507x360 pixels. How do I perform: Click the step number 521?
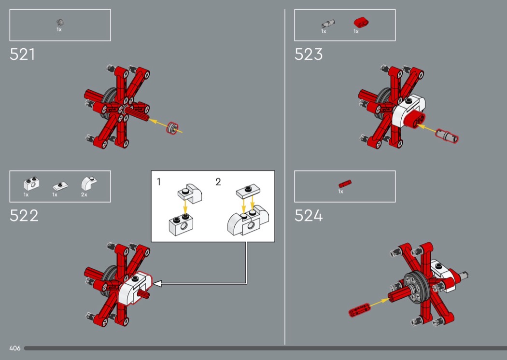(x=22, y=55)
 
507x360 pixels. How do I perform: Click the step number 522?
(x=24, y=216)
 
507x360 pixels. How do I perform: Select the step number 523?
(x=309, y=55)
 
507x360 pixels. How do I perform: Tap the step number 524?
(x=309, y=216)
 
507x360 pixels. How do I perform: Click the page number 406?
(x=15, y=348)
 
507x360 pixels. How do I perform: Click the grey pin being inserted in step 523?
(x=447, y=136)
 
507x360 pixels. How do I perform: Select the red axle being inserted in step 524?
(x=359, y=310)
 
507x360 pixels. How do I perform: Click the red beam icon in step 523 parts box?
(x=361, y=22)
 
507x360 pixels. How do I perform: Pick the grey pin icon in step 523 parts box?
(x=328, y=24)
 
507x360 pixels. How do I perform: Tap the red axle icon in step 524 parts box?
(x=345, y=183)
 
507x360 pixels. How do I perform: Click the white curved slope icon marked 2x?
(x=88, y=183)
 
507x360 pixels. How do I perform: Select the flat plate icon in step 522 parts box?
(x=60, y=186)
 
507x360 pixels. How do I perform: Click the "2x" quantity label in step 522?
(x=84, y=194)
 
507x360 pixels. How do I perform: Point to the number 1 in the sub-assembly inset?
(x=159, y=182)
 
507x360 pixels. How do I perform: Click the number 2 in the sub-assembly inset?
(x=218, y=182)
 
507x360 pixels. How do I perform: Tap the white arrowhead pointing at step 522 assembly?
(x=157, y=284)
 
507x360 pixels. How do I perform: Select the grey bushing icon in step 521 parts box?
(x=60, y=23)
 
